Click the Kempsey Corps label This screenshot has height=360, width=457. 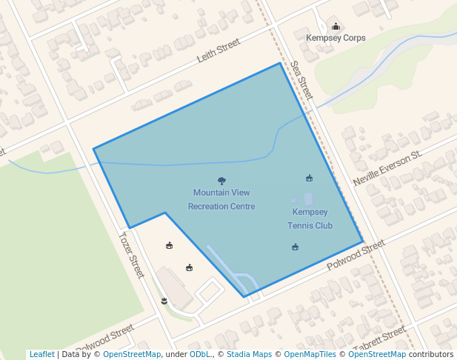click(336, 38)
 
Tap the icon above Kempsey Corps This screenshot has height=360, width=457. click(335, 27)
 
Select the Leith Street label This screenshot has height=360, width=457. click(219, 50)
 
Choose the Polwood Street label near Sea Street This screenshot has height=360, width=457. click(356, 255)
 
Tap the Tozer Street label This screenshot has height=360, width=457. click(131, 256)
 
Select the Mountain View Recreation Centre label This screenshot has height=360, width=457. click(221, 199)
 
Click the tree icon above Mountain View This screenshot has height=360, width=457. click(221, 181)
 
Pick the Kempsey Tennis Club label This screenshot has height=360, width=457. click(310, 219)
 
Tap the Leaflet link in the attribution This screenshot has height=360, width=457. click(41, 354)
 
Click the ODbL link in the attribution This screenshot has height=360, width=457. click(199, 354)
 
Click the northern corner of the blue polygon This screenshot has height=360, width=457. click(280, 63)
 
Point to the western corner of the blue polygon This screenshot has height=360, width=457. click(94, 149)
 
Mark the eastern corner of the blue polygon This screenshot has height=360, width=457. click(363, 241)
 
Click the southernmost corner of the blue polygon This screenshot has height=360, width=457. click(244, 297)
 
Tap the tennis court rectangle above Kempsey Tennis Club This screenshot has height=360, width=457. click(308, 199)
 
